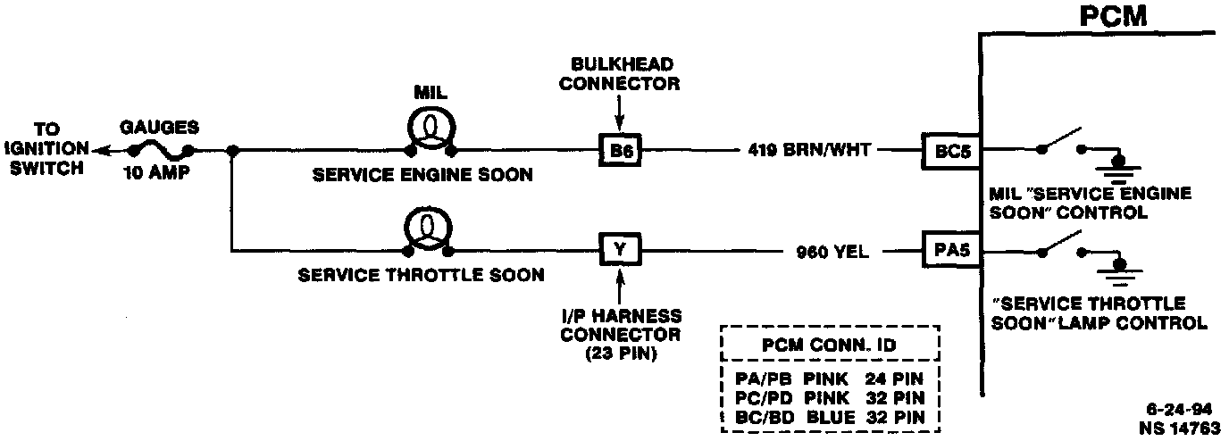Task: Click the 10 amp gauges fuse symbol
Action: click(x=162, y=151)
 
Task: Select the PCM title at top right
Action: click(x=1113, y=18)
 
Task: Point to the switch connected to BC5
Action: click(x=1062, y=144)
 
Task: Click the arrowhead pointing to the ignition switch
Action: click(x=98, y=151)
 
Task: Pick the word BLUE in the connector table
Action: click(x=831, y=416)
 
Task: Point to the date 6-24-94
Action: click(x=1180, y=411)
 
